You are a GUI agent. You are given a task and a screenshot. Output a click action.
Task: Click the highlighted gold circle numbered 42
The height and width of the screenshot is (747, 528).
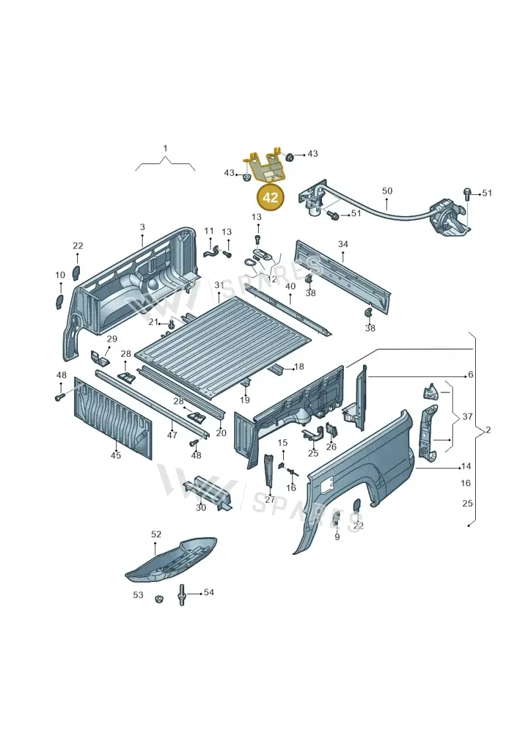[270, 197]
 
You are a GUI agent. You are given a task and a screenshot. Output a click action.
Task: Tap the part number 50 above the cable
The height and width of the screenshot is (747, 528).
[387, 191]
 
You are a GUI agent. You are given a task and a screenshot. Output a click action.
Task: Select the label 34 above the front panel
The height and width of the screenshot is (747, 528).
[343, 244]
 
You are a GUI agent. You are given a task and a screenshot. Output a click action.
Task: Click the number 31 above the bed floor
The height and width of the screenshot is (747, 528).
[219, 285]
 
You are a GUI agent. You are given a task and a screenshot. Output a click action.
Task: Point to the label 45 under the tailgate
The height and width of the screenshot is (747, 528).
[115, 455]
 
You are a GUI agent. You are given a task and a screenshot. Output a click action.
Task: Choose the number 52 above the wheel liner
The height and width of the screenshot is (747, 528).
[156, 534]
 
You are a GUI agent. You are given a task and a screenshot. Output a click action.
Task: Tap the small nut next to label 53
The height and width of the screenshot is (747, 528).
[158, 598]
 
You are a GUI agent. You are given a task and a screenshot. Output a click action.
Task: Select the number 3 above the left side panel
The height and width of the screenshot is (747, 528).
[143, 228]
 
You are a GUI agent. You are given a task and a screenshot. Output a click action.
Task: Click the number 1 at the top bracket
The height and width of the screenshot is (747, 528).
[165, 149]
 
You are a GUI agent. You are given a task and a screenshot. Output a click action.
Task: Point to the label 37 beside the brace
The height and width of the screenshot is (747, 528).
[467, 416]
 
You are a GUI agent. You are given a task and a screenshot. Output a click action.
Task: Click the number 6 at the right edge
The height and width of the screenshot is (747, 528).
[471, 375]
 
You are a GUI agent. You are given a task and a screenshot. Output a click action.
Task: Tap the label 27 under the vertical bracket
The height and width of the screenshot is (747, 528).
[270, 500]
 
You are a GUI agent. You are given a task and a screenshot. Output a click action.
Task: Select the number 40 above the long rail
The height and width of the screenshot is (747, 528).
[290, 287]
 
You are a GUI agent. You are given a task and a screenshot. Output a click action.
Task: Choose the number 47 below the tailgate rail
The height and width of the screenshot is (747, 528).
[172, 435]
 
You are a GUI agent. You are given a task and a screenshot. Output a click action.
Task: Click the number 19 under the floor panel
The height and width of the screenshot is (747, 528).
[245, 400]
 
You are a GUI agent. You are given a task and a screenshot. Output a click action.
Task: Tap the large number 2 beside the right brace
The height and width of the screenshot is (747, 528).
[488, 430]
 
